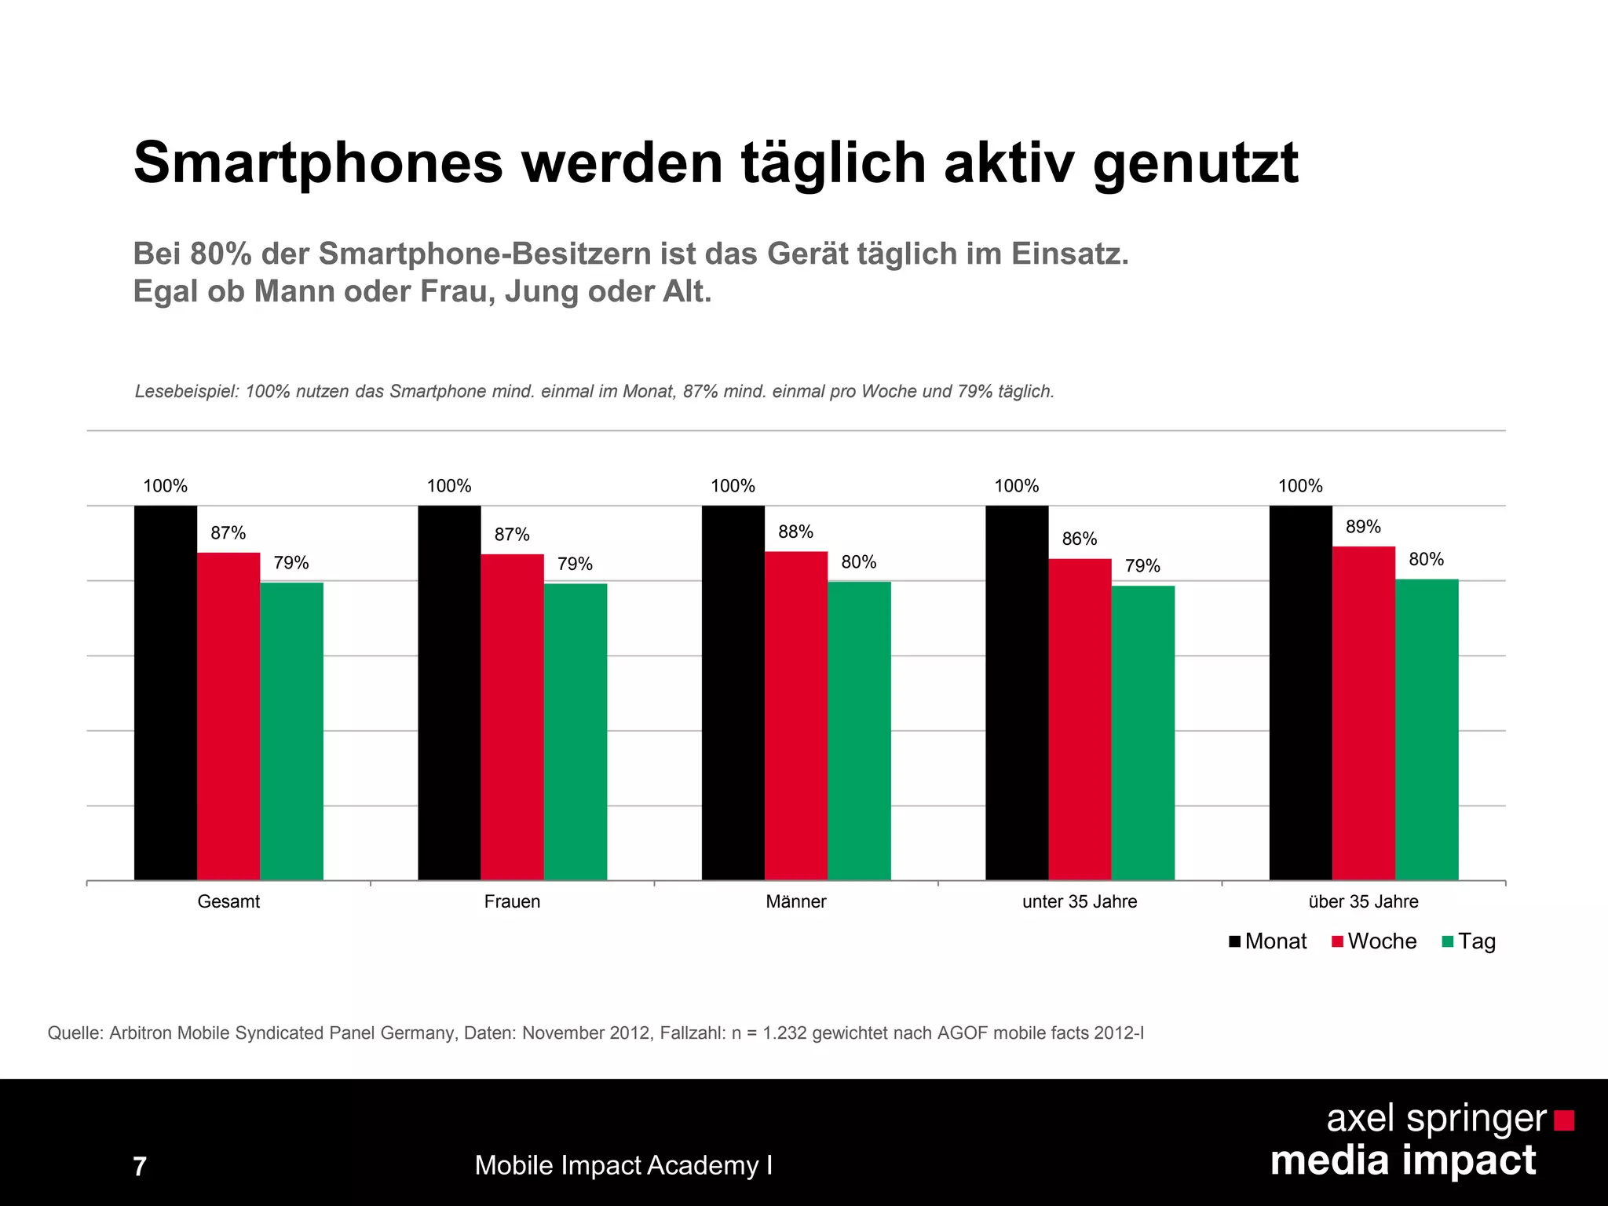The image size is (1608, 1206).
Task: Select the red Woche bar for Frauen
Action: (512, 717)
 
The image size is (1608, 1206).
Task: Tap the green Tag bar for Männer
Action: (859, 730)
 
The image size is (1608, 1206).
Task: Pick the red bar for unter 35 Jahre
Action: (1080, 719)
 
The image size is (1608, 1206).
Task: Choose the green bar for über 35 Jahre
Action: (1427, 729)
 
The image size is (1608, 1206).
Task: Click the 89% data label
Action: (1363, 527)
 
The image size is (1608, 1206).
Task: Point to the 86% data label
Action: (1079, 539)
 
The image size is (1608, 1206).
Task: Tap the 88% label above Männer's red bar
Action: (795, 532)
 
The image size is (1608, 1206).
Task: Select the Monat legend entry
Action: (1267, 941)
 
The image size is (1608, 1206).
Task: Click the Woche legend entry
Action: (1374, 941)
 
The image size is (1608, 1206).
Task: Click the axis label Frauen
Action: (512, 901)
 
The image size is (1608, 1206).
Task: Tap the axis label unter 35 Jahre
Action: (1079, 901)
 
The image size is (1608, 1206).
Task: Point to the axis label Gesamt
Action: (228, 901)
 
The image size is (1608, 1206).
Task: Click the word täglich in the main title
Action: (834, 164)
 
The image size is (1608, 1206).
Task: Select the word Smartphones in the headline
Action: (318, 163)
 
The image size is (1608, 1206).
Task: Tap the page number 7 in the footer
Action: (140, 1167)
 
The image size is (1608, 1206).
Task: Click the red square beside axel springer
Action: (1564, 1120)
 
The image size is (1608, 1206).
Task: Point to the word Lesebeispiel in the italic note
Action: (185, 391)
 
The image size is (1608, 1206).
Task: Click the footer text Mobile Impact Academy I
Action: (623, 1165)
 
